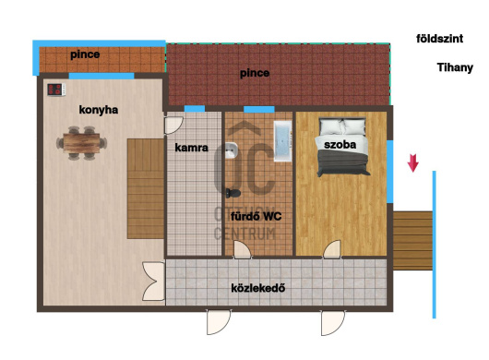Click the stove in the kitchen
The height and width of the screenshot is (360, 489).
coord(56,90)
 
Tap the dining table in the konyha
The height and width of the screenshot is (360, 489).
coord(81,143)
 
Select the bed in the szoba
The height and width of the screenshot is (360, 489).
coord(342,147)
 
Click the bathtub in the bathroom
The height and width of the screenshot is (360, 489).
coord(282,140)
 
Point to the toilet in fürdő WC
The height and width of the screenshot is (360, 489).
coord(233,193)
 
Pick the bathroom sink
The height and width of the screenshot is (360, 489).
coord(231,150)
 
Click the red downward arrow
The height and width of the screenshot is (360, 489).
coord(413,162)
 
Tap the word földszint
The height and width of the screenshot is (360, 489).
coord(439,39)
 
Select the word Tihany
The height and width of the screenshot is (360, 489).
coord(455,67)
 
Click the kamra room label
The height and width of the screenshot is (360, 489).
coord(192,148)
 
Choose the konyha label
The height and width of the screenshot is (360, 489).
coord(99,110)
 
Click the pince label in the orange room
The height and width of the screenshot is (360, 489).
coord(85,54)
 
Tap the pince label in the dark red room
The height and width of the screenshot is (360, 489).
coord(255,73)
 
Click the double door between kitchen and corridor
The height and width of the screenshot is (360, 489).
coord(153,282)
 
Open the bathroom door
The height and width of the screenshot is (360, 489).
coord(243,249)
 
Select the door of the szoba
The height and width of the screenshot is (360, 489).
coord(332,249)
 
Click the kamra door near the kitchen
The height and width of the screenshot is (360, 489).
coord(173,126)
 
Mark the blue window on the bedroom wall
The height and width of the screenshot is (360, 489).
coord(390,172)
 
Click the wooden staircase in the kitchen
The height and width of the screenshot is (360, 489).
coord(146,189)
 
